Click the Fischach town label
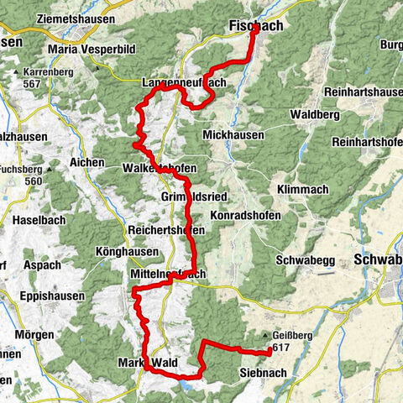pos(256,27)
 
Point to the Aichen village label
pos(88,162)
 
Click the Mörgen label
pos(34,333)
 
